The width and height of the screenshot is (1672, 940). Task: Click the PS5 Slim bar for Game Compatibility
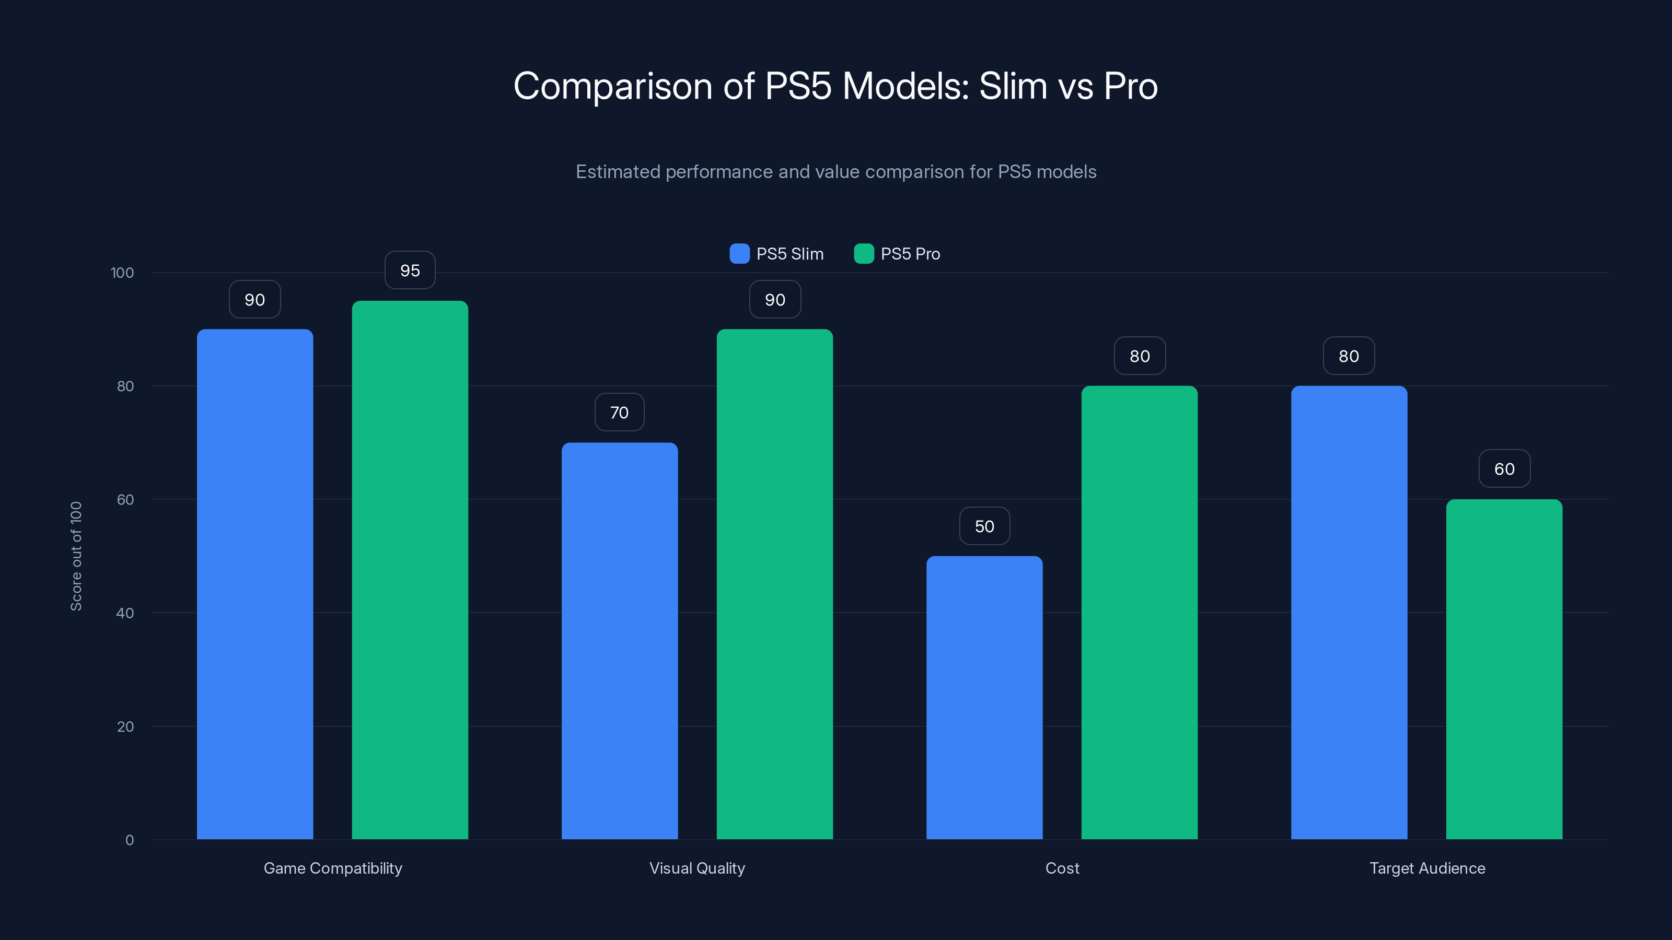[x=254, y=584]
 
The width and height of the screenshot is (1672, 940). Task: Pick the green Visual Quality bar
[x=774, y=584]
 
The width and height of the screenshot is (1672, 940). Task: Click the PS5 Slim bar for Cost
[x=984, y=697]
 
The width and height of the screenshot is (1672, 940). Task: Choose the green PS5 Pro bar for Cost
[x=1139, y=613]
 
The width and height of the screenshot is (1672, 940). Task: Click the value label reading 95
[x=410, y=271]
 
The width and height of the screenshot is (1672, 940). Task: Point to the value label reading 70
[x=619, y=413]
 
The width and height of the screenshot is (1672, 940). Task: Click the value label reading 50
[x=984, y=526]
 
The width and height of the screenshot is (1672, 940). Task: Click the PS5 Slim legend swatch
[x=739, y=254]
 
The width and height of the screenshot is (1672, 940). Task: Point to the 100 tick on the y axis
[x=122, y=273]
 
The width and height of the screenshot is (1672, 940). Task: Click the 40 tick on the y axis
[x=125, y=613]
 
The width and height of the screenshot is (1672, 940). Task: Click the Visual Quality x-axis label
[x=697, y=868]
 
